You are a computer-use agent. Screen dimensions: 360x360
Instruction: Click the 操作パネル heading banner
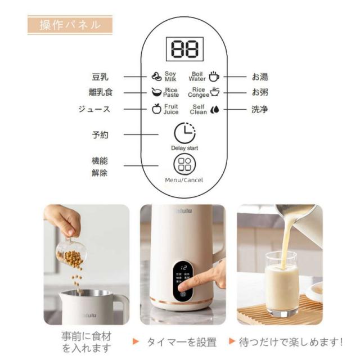(x=70, y=25)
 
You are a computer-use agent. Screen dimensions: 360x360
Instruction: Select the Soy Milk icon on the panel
(x=156, y=76)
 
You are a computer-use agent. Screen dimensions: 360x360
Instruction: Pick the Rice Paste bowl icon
(x=156, y=92)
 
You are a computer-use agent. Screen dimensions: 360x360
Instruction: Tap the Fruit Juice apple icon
(x=156, y=109)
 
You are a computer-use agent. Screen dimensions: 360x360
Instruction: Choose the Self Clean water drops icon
(x=214, y=109)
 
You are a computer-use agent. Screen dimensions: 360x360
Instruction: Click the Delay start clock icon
(x=184, y=133)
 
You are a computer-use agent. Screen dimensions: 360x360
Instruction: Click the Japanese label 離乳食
(x=100, y=92)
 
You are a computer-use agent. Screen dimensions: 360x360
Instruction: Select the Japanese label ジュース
(x=94, y=109)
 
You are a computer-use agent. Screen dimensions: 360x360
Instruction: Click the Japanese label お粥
(x=259, y=92)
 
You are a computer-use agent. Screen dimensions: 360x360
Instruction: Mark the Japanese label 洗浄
(x=259, y=109)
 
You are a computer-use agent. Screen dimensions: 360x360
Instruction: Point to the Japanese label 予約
(x=100, y=135)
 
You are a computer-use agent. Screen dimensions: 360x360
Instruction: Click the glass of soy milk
(x=281, y=287)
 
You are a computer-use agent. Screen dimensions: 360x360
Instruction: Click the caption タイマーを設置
(x=181, y=341)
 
